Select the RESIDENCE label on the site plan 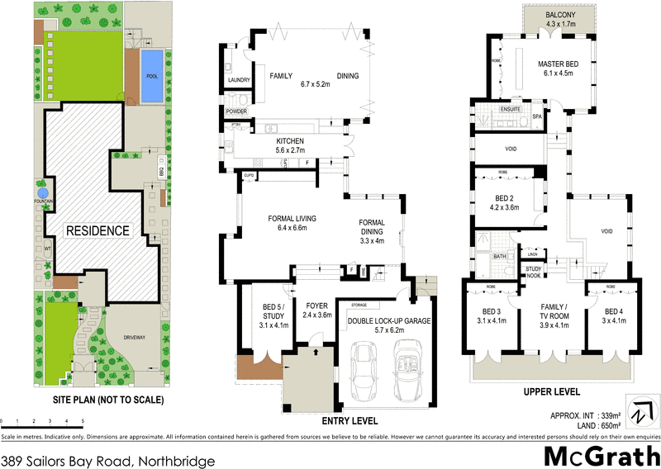coord(97,230)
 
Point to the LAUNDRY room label coord(229,80)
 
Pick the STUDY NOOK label coord(533,272)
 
